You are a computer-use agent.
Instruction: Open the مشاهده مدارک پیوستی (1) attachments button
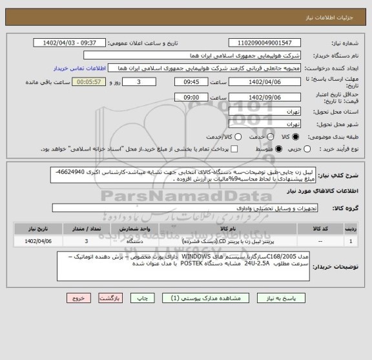(207, 299)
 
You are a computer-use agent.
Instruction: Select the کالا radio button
(296, 136)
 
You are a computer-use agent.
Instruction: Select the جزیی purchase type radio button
(296, 149)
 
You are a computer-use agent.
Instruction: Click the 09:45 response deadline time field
(192, 83)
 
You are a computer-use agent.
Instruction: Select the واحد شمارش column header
(140, 228)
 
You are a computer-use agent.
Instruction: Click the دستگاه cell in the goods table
(140, 240)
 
